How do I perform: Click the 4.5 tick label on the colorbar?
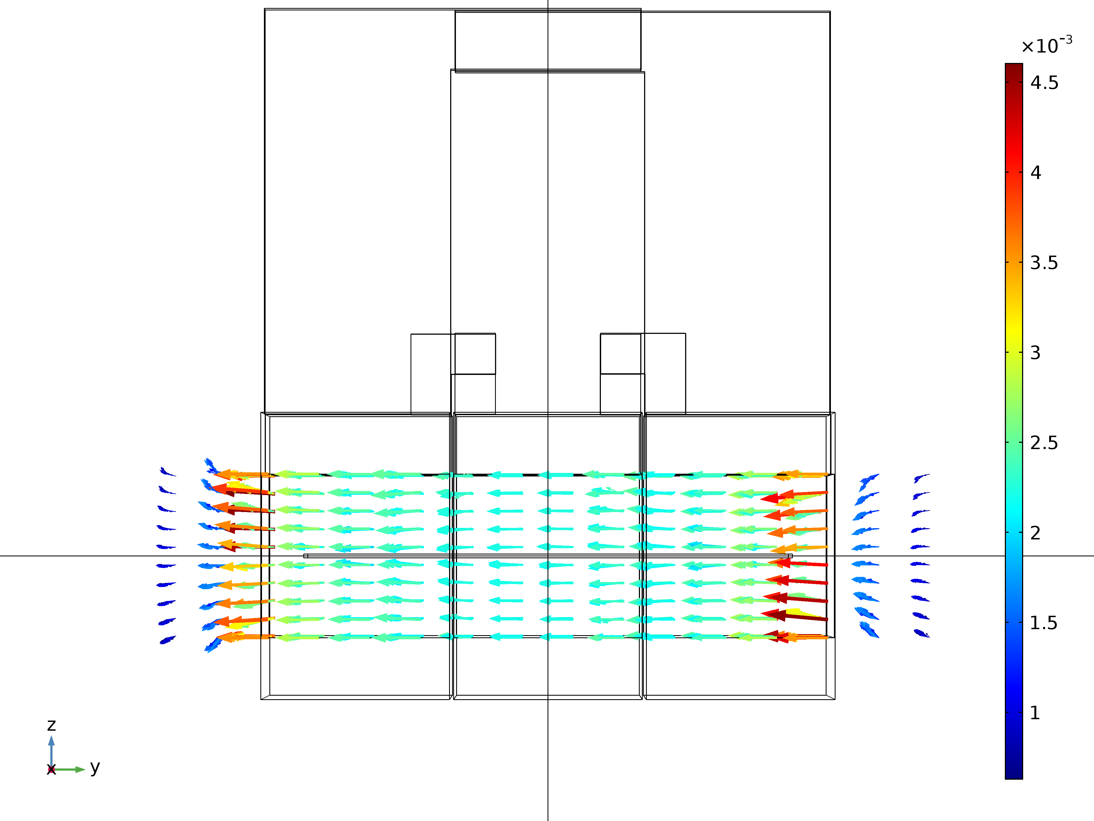[x=1044, y=83]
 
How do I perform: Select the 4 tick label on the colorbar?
[x=1036, y=173]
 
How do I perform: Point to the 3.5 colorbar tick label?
[x=1044, y=263]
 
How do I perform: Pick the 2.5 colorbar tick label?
[x=1044, y=443]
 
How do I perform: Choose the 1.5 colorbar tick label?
[x=1044, y=623]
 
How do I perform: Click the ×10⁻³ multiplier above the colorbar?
[x=1046, y=45]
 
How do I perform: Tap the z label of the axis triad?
[x=51, y=725]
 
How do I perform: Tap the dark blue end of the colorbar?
[x=1014, y=774]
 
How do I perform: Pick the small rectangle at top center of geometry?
[x=548, y=41]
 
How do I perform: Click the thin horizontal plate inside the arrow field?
[x=548, y=556]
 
